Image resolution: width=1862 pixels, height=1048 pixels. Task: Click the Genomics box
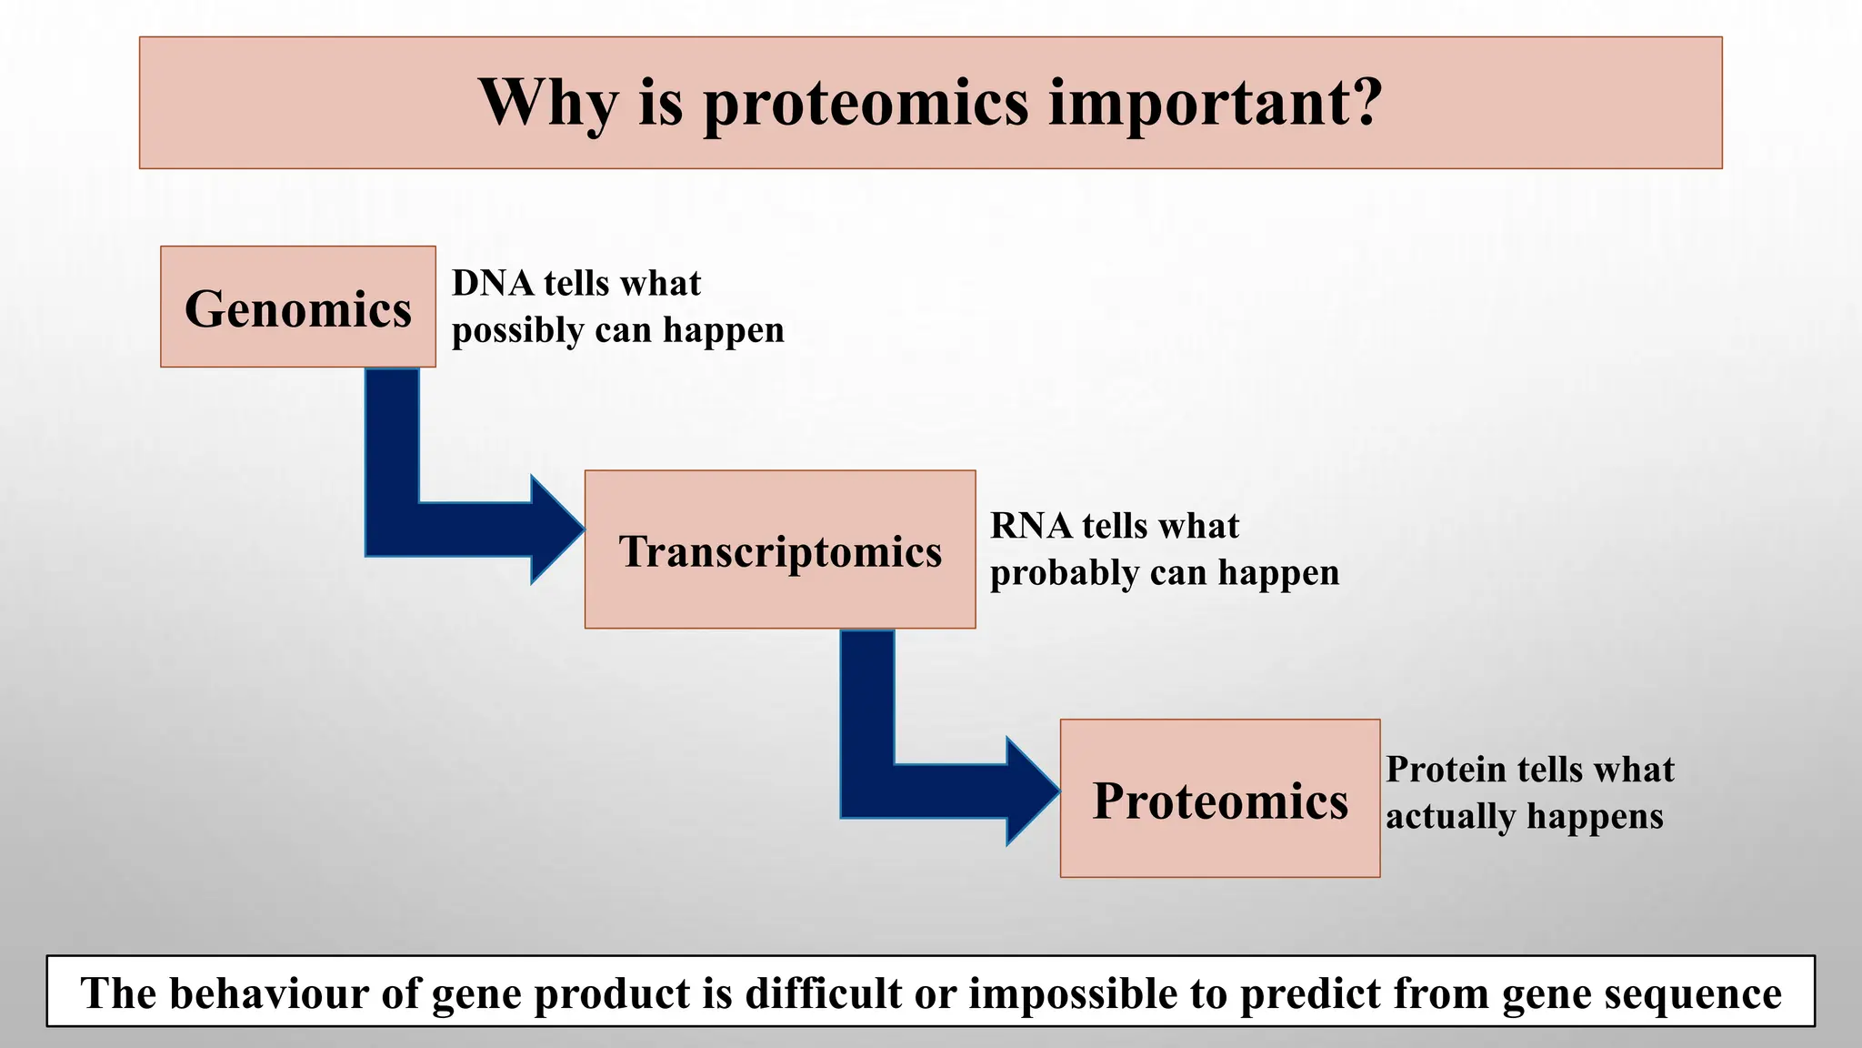pos(297,307)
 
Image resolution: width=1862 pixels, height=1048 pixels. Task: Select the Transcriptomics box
pos(779,550)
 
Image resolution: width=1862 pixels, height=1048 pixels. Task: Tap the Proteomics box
pos(1219,800)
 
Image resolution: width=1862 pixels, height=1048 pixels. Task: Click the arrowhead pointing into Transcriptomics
pos(556,529)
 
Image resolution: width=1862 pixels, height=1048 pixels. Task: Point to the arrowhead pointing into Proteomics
pos(1032,791)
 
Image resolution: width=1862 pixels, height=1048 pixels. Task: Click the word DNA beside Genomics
pos(493,284)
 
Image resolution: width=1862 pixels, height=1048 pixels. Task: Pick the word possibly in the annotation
pos(517,331)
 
